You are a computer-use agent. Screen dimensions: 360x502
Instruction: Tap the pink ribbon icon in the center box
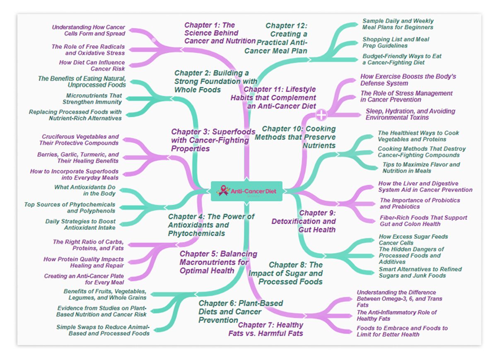coord(224,191)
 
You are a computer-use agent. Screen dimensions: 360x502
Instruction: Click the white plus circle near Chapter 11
coord(321,114)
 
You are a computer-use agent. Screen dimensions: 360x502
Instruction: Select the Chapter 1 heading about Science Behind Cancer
coord(220,33)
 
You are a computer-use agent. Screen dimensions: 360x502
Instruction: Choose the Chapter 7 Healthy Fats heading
coord(265,329)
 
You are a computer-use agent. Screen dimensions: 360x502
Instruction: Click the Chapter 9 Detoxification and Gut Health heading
coord(304,221)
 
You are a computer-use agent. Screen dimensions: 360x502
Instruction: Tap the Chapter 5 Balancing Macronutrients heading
coord(218,262)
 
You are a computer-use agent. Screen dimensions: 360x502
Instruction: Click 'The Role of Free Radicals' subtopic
coord(88,50)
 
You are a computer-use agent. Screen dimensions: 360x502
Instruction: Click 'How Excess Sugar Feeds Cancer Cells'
coord(408,239)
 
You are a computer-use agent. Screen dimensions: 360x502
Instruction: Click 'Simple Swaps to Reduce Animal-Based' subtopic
coord(103,330)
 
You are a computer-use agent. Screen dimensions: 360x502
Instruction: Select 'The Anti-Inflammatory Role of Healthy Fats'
coord(396,315)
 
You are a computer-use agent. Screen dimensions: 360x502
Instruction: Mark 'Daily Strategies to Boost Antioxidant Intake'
coord(80,224)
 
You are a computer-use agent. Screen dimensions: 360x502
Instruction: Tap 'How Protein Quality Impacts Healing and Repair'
coord(83,262)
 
